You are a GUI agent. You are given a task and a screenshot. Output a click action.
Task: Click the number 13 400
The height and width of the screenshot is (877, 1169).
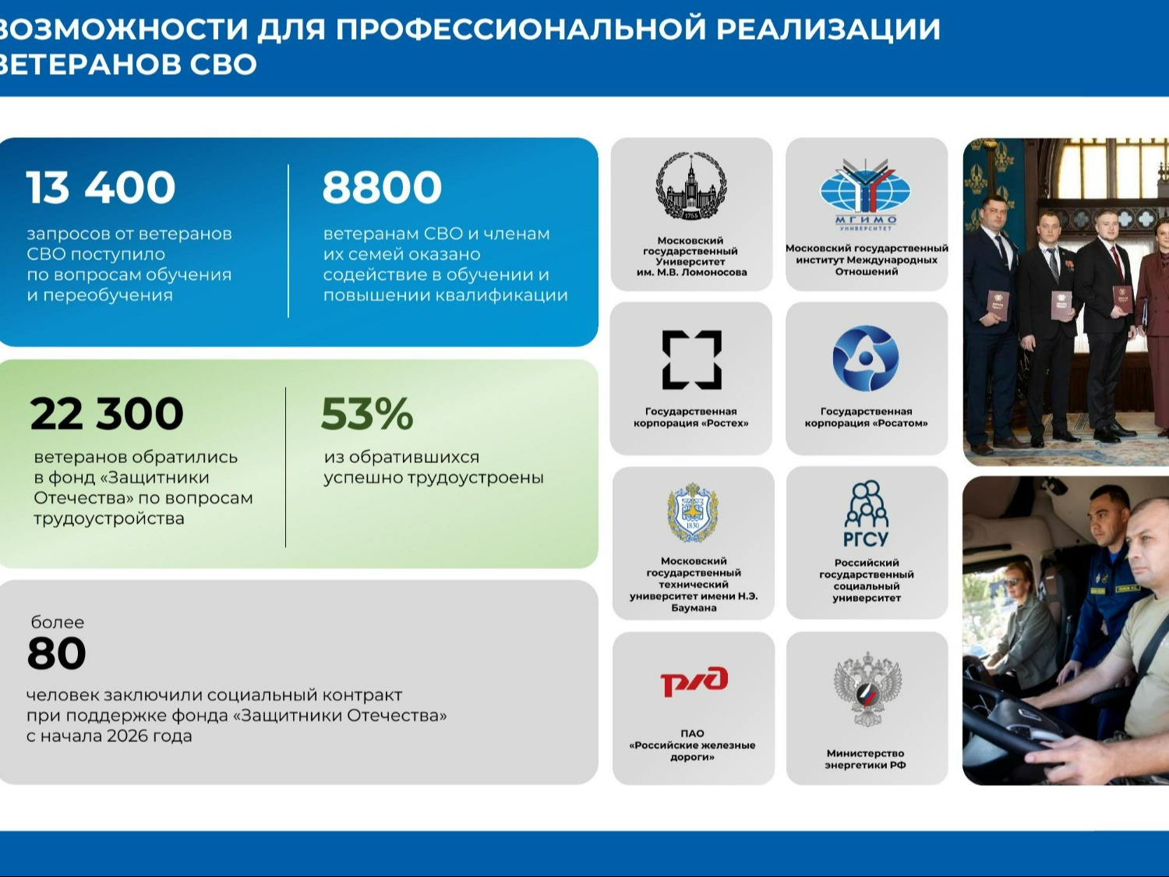(x=101, y=187)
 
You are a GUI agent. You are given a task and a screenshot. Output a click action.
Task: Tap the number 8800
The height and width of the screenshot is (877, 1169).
(x=382, y=187)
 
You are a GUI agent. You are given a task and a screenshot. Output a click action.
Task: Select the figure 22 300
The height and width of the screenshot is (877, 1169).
(x=107, y=414)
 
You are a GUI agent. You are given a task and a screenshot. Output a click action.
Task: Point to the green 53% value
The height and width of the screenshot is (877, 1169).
(x=367, y=414)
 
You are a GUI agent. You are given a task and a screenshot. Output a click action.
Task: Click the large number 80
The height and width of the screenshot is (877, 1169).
(x=56, y=653)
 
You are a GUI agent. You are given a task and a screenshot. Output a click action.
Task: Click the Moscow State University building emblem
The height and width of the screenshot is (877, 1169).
(x=690, y=186)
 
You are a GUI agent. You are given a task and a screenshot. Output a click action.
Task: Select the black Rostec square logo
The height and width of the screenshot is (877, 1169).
(x=692, y=360)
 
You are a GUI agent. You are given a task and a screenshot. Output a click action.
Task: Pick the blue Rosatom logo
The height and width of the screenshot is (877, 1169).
(x=865, y=359)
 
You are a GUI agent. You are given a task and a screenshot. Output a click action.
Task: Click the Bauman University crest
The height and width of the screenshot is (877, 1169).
(x=692, y=512)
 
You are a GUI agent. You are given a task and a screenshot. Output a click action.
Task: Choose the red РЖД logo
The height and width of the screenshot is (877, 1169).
(x=694, y=681)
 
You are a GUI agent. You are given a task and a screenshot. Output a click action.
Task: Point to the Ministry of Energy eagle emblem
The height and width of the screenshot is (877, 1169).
(x=867, y=689)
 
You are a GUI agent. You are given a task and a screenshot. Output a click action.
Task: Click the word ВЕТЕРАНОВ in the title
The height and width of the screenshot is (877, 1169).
(x=84, y=65)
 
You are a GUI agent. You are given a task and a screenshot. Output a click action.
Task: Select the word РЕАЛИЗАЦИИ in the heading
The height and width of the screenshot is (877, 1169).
(x=828, y=29)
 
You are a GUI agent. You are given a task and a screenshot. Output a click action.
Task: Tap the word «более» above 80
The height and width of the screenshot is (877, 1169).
(x=58, y=622)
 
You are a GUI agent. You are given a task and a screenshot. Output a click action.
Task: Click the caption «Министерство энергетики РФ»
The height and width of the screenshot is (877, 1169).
(x=865, y=759)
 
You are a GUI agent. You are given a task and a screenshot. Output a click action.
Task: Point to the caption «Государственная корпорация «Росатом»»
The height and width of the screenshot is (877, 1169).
(x=866, y=418)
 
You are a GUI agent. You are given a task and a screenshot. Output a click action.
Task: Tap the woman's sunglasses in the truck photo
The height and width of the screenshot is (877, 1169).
(x=1010, y=582)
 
